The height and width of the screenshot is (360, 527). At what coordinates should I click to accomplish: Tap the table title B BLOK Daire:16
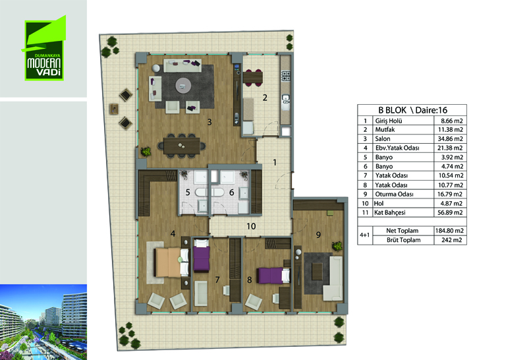click(413, 110)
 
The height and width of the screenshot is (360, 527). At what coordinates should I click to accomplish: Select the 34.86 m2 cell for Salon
click(450, 138)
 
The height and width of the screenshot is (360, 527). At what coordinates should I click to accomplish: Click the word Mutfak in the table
click(385, 129)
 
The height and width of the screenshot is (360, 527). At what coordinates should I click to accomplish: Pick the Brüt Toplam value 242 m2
click(451, 240)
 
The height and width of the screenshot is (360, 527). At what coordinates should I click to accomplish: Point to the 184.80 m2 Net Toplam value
click(449, 231)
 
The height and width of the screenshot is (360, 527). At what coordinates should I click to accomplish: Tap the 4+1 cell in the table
click(365, 235)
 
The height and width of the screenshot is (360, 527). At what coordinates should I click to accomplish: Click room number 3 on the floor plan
click(209, 122)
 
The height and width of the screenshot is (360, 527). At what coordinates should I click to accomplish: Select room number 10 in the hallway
click(251, 226)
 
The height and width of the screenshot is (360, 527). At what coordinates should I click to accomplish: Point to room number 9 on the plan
click(318, 235)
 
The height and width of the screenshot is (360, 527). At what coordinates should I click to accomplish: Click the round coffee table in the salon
click(183, 86)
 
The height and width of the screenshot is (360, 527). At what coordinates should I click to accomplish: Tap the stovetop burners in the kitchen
click(286, 76)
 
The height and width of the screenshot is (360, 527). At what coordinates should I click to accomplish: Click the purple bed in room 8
click(273, 276)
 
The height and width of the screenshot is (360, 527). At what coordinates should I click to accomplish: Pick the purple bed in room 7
click(202, 255)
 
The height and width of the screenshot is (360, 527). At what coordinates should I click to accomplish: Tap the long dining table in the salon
click(182, 146)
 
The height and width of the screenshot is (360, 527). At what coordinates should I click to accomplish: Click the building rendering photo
click(43, 322)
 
